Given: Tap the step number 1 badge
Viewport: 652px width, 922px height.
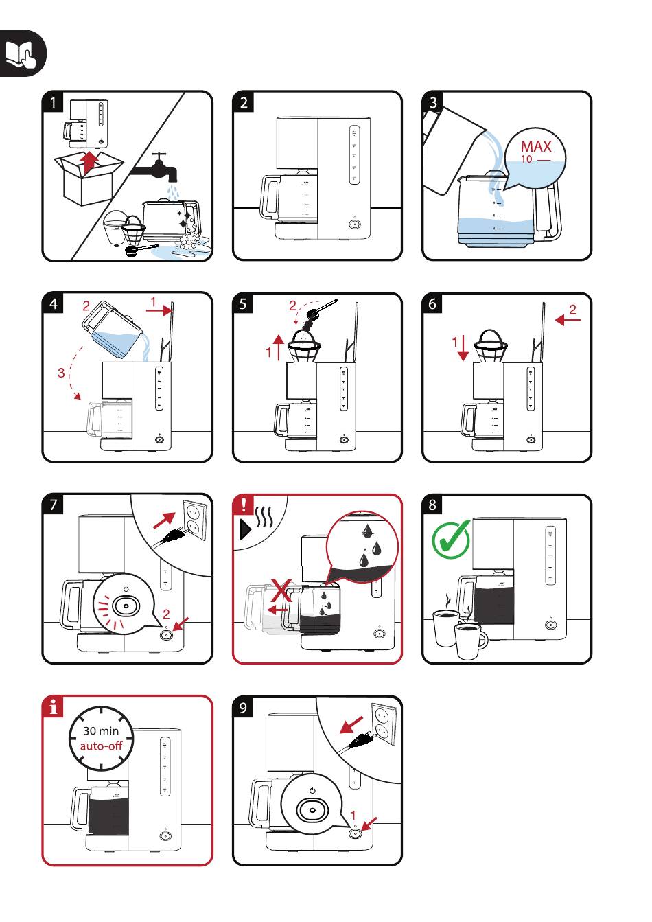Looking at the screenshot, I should pyautogui.click(x=53, y=102).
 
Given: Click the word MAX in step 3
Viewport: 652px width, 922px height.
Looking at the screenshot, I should pyautogui.click(x=535, y=146).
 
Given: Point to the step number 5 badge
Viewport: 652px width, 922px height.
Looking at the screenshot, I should pyautogui.click(x=243, y=303).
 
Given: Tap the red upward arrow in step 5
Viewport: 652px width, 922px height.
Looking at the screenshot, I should pyautogui.click(x=278, y=347).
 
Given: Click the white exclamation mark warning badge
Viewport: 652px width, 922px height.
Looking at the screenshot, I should pyautogui.click(x=244, y=505).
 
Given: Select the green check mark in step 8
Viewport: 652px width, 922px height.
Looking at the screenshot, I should pyautogui.click(x=450, y=539).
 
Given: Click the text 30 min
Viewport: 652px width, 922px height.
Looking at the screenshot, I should pyautogui.click(x=101, y=731).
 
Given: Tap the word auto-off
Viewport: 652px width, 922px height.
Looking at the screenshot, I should pyautogui.click(x=101, y=746).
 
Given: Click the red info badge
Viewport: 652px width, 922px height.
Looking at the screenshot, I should pyautogui.click(x=53, y=706).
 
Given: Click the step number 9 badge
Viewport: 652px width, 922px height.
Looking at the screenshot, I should pyautogui.click(x=243, y=707).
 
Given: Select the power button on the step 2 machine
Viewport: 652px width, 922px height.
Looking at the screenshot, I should pyautogui.click(x=354, y=224).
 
